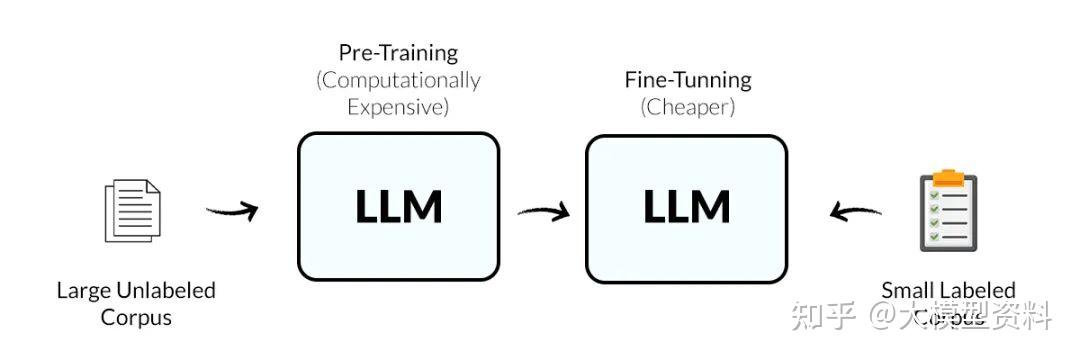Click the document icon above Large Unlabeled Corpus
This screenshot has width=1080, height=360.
[x=133, y=210]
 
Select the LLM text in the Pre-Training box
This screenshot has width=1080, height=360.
[x=398, y=207]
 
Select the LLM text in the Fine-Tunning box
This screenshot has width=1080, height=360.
[x=686, y=207]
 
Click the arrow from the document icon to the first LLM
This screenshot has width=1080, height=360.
[x=232, y=211]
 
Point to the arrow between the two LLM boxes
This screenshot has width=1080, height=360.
[x=543, y=211]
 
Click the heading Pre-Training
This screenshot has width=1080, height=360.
[x=398, y=52]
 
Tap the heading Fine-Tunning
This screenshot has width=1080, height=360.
[x=687, y=79]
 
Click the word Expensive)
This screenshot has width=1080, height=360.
[x=398, y=106]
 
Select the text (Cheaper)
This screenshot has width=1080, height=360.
[x=687, y=107]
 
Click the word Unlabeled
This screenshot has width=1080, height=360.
[x=163, y=291]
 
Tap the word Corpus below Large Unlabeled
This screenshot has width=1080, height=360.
[x=136, y=318]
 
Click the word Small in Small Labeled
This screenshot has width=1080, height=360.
[x=906, y=291]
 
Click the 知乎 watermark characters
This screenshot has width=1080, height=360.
[x=822, y=318]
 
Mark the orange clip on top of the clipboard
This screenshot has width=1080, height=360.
[x=947, y=178]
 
